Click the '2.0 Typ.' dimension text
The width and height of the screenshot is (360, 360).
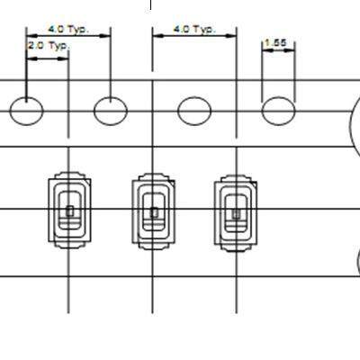point(49,46)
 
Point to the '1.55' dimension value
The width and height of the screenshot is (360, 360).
point(276,42)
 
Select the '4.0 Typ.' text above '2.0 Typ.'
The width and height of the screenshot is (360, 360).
point(68,30)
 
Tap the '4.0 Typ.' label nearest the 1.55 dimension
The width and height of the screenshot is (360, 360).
point(194,29)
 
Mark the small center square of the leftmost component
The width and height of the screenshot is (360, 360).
point(70,211)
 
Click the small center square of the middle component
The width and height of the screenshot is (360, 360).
point(154,212)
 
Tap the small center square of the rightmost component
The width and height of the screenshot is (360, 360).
point(236,214)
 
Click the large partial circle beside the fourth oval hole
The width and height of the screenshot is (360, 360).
point(352,126)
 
